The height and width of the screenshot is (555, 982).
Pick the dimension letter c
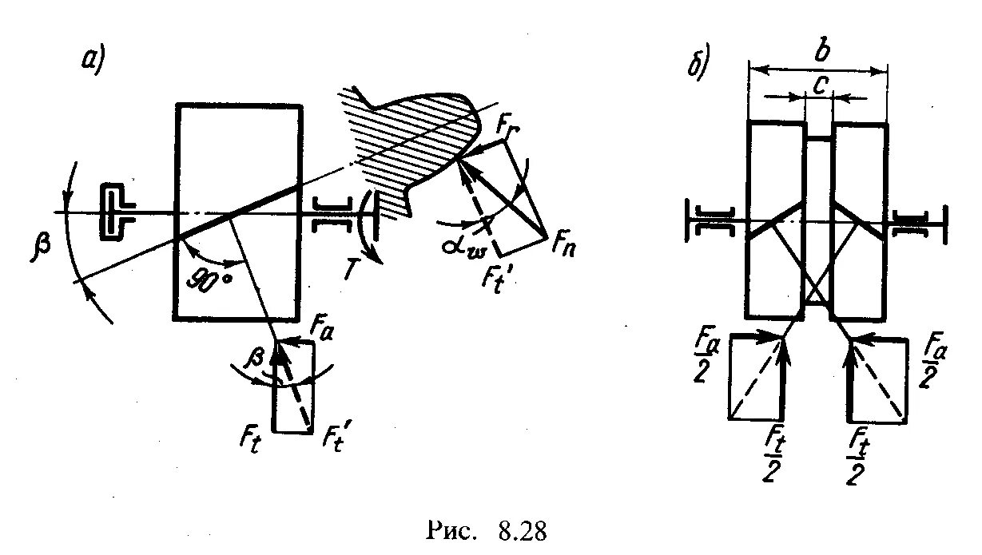pyautogui.click(x=818, y=84)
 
